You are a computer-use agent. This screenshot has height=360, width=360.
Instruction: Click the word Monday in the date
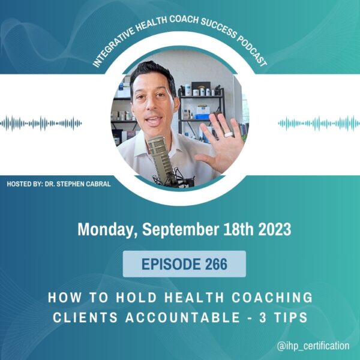click(x=106, y=229)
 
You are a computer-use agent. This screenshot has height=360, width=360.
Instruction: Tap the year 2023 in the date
click(x=275, y=229)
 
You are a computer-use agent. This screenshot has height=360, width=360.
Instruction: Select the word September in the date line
click(x=181, y=230)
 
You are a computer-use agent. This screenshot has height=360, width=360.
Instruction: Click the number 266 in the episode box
click(x=216, y=264)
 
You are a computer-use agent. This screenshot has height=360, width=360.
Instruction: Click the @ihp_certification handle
click(x=313, y=346)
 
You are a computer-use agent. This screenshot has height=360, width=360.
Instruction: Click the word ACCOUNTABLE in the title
click(x=183, y=317)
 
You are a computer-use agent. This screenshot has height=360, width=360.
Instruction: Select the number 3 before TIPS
click(x=263, y=317)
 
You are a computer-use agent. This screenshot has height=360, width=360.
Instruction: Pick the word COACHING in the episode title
click(x=272, y=298)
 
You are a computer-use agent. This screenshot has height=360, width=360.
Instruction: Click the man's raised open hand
click(x=220, y=143)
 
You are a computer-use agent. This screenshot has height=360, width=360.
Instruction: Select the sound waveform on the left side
click(x=41, y=123)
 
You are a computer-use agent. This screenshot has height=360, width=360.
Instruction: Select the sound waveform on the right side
click(x=319, y=123)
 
